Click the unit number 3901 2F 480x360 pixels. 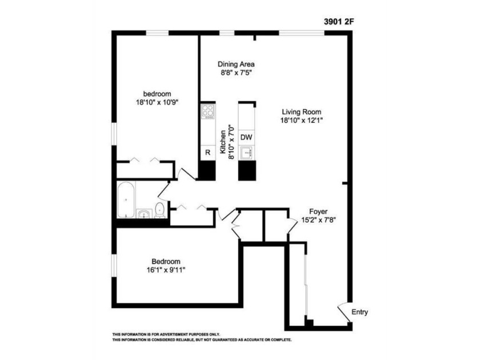tap(339, 22)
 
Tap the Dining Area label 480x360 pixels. tap(236, 64)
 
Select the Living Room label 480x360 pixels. tap(302, 112)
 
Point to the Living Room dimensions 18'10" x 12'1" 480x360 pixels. tap(302, 121)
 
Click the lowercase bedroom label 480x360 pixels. tap(157, 94)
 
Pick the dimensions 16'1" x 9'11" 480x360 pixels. tap(166, 270)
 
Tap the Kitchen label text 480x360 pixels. tap(223, 142)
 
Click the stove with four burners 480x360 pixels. tap(208, 111)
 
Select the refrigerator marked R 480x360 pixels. tap(208, 153)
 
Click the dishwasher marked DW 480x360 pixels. tap(246, 137)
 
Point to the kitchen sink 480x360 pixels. tap(246, 153)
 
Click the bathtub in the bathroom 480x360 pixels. tap(126, 199)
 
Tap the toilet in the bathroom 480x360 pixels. tap(159, 210)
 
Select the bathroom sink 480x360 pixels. tap(144, 214)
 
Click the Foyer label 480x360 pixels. tap(318, 211)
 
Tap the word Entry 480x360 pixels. tap(359, 312)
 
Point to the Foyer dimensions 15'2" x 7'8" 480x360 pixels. tap(319, 220)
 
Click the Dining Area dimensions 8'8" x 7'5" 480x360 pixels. tap(236, 73)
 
